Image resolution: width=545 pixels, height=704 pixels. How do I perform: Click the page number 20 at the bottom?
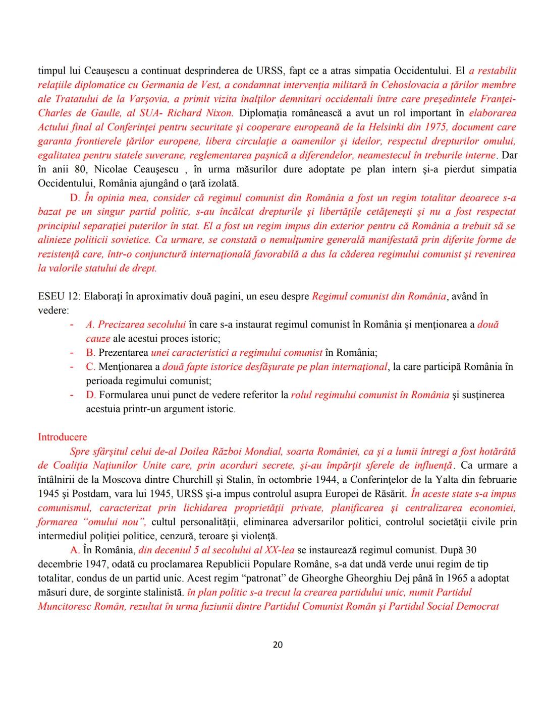pos(277,645)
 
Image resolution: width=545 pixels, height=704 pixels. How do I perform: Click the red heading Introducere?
pos(62,437)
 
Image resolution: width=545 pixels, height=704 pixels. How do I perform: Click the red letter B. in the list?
pos(90,353)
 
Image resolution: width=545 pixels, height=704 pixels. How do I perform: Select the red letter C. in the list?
pos(90,367)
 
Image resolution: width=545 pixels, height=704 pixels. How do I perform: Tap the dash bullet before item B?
pos(73,353)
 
